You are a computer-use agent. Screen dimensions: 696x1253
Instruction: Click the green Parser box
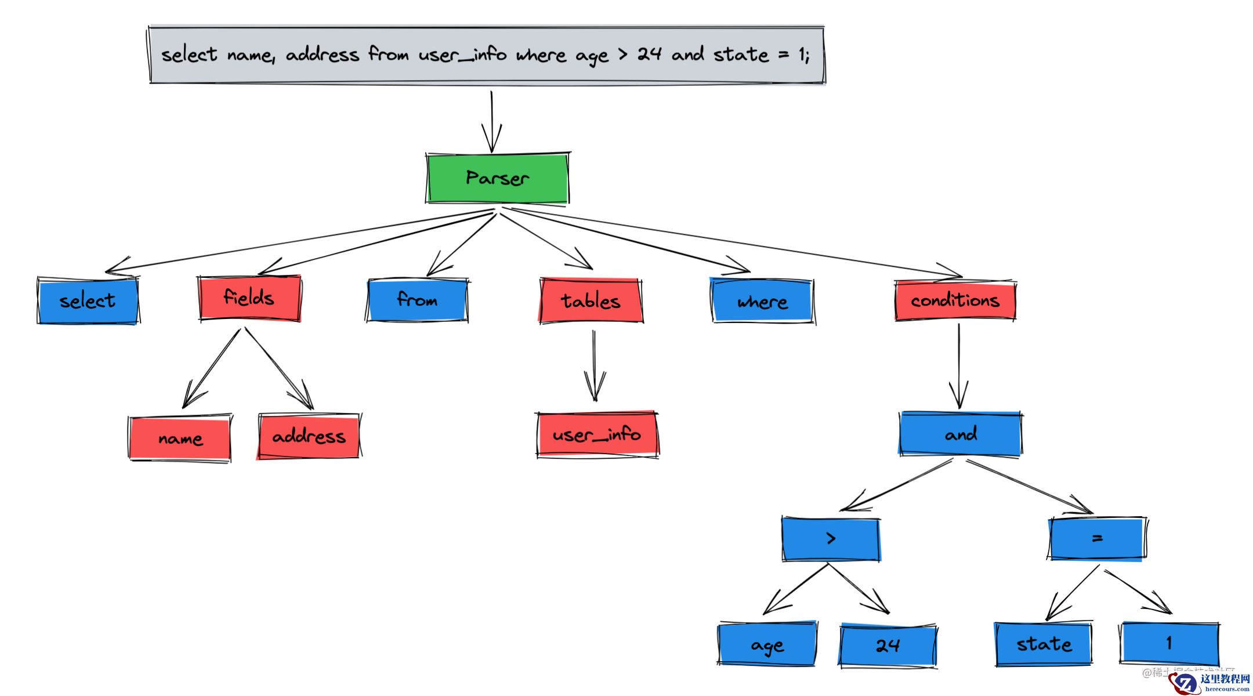point(497,178)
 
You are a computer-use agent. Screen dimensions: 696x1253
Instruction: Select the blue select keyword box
point(88,300)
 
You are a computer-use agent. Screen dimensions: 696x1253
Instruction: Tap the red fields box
point(249,298)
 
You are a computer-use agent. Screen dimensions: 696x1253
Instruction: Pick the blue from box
point(417,300)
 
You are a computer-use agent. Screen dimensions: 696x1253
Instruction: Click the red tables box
point(591,300)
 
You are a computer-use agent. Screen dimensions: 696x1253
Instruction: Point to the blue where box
point(762,301)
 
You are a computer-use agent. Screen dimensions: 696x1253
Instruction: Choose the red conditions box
point(955,300)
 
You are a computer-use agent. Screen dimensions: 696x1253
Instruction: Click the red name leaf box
point(180,438)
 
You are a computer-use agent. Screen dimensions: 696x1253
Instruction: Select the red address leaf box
point(309,436)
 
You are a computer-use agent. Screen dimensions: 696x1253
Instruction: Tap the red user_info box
point(597,434)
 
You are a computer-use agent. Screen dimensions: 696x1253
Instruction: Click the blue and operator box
point(961,434)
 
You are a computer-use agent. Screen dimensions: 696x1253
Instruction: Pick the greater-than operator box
point(831,539)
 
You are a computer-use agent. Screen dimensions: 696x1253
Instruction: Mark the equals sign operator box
point(1096,538)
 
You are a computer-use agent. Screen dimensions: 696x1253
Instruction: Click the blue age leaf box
point(767,644)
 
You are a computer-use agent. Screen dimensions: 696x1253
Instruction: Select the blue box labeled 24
point(888,644)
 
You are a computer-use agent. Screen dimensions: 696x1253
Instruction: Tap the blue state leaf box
point(1044,644)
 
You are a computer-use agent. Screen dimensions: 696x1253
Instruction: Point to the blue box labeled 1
point(1169,643)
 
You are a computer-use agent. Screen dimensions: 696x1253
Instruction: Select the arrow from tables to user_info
point(594,365)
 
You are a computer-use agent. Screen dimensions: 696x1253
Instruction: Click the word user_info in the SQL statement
point(462,55)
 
